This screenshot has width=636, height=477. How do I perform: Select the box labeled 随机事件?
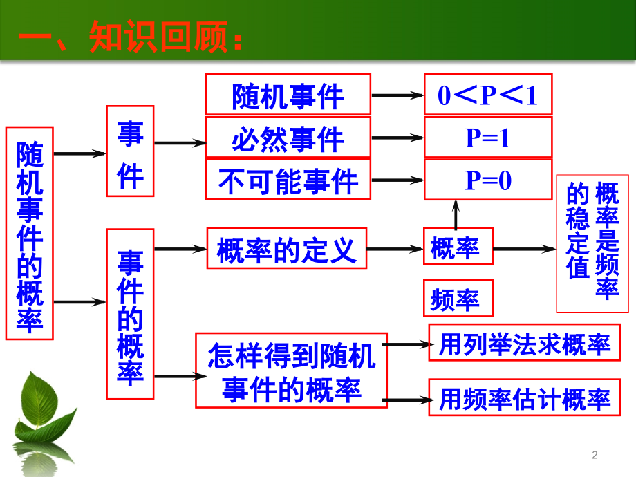click(288, 95)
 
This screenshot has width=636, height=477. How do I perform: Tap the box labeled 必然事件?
click(288, 138)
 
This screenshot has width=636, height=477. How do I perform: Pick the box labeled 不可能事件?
click(288, 180)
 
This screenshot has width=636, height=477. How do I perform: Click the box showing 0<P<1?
click(487, 95)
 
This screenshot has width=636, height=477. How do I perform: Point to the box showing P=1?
click(487, 138)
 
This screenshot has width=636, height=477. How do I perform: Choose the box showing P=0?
click(487, 180)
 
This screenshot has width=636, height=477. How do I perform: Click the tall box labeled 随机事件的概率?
click(29, 233)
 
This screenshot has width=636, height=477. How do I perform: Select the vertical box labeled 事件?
click(130, 151)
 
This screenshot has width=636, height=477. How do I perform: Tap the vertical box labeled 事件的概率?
click(130, 314)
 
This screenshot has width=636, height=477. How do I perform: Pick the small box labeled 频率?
click(458, 298)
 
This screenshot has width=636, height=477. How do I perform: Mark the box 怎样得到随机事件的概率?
click(291, 371)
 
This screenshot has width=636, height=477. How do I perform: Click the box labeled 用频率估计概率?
click(524, 397)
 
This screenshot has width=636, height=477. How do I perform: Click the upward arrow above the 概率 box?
click(456, 214)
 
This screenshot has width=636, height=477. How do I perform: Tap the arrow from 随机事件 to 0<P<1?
click(397, 96)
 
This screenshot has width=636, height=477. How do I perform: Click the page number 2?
click(595, 454)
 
